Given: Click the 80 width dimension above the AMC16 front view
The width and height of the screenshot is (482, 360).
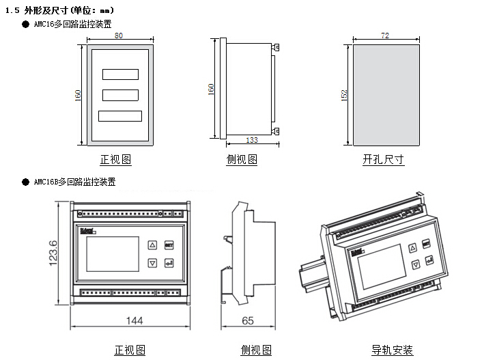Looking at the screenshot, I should (x=118, y=35).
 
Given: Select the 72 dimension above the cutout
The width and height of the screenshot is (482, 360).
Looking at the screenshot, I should (x=385, y=35).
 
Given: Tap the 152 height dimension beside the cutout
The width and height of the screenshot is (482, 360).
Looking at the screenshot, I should (x=344, y=95).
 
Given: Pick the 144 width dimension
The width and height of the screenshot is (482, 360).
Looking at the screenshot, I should (x=129, y=320).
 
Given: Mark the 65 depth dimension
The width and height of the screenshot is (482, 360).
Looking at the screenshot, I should (x=248, y=320).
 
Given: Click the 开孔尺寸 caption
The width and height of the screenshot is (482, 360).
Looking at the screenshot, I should (x=383, y=160).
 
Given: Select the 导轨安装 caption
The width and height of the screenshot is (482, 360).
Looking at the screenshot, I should (x=392, y=350).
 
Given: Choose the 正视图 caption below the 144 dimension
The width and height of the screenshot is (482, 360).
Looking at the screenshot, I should (x=129, y=350).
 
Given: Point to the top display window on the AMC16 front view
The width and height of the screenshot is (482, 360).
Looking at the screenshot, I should (x=119, y=74).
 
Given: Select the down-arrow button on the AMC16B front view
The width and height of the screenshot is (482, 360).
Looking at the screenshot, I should (x=152, y=262).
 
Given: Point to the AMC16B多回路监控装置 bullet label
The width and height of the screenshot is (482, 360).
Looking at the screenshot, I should (x=74, y=182).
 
